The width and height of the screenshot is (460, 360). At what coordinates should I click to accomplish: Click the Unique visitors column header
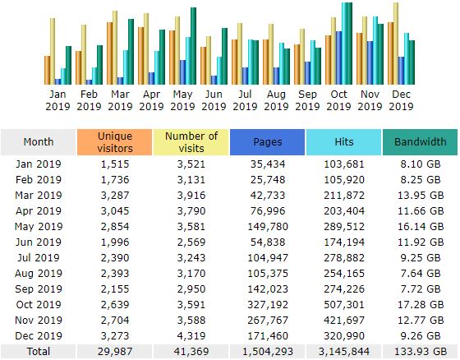tap(115, 142)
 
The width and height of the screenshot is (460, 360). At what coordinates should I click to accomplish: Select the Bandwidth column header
tap(420, 142)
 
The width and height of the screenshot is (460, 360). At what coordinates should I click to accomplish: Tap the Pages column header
tap(267, 142)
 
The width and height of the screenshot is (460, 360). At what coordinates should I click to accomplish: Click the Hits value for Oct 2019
tap(344, 304)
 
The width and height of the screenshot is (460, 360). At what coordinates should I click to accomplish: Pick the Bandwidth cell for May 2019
tap(421, 226)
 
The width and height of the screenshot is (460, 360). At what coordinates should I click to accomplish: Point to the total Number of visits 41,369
tap(191, 352)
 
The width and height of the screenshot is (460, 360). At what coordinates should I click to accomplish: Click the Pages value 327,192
tap(268, 304)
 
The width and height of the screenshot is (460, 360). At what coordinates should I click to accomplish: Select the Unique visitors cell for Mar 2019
tap(115, 196)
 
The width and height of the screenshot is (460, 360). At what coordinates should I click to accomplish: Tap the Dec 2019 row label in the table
tap(39, 335)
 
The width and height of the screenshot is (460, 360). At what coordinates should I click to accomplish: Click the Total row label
tap(39, 352)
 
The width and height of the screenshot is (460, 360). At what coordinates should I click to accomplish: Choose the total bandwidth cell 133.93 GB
tap(421, 352)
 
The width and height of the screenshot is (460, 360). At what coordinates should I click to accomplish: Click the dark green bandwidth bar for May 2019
tap(193, 46)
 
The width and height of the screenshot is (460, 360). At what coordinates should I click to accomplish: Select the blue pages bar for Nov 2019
tap(370, 62)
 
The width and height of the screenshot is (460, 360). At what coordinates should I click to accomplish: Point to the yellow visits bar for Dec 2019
tap(396, 44)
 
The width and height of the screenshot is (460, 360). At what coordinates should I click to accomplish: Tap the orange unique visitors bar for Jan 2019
tap(48, 70)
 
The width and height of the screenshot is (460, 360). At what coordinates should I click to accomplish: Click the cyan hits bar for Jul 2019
tap(251, 62)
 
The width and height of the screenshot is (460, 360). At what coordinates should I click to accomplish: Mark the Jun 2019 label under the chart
tap(214, 100)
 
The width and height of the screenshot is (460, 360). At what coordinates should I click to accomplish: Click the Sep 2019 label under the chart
tap(307, 100)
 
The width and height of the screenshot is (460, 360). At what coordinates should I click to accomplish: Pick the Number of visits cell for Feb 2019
tap(191, 180)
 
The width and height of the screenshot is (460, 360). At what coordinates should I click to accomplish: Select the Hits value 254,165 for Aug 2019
tap(344, 274)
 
